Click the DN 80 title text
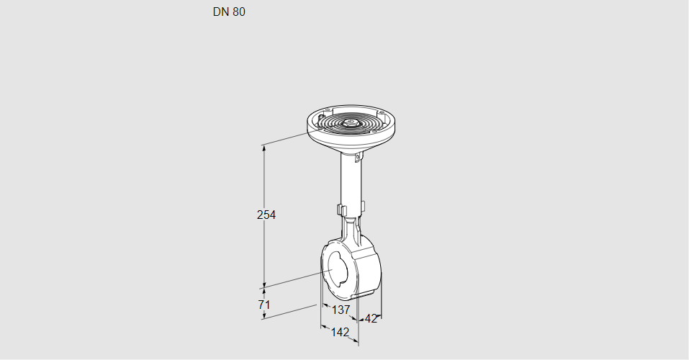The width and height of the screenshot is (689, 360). (x=229, y=12)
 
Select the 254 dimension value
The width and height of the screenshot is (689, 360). (x=266, y=215)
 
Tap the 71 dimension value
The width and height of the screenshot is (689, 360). (x=264, y=304)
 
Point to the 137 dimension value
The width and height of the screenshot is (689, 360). (x=341, y=310)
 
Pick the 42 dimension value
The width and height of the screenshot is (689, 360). (x=371, y=319)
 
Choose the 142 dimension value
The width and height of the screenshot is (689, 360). (x=340, y=333)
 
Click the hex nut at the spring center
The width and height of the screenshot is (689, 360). (x=350, y=123)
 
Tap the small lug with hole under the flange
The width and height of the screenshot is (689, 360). (x=358, y=156)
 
